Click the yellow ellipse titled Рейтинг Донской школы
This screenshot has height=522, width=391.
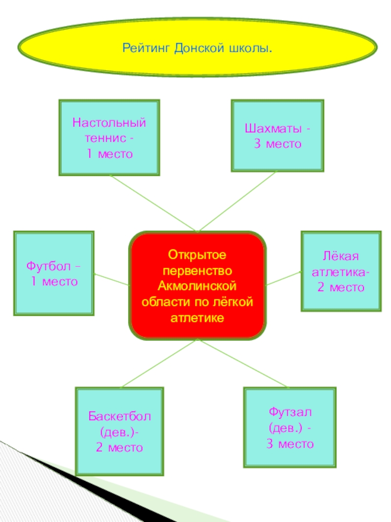tap(197, 47)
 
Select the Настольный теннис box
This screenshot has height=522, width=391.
tap(109, 137)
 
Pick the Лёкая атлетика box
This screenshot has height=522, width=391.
tap(341, 271)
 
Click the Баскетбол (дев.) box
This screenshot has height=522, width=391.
tap(119, 431)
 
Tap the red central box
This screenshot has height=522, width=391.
tap(197, 286)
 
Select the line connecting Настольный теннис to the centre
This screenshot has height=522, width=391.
tap(153, 203)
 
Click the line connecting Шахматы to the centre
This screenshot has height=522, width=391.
tap(238, 201)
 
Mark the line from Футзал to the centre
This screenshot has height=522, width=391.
tap(243, 363)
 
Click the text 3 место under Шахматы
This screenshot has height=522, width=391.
tap(277, 144)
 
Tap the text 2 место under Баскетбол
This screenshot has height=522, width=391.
tap(119, 447)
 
